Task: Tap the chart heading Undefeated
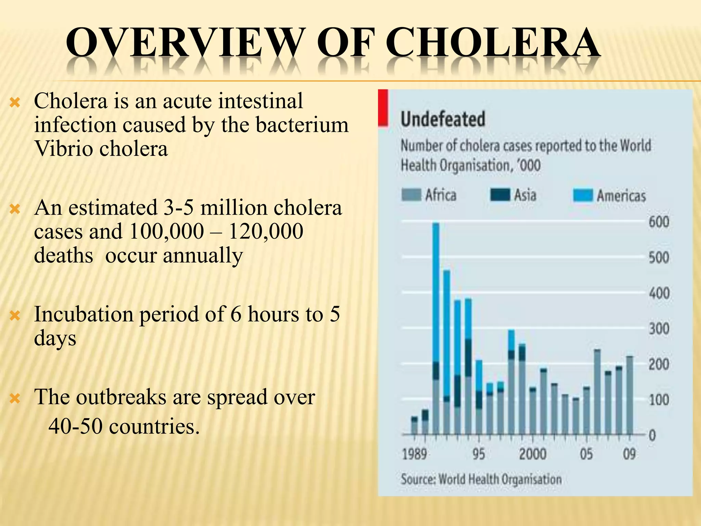click(443, 119)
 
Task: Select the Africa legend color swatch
click(411, 195)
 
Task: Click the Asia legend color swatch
click(500, 195)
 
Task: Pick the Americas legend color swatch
click(583, 196)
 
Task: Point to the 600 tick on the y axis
click(659, 222)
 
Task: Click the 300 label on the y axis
click(659, 329)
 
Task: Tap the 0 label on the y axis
click(652, 435)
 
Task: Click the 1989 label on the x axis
click(415, 454)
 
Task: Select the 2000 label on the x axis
click(533, 454)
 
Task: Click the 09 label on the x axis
click(629, 454)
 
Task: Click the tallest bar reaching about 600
click(436, 308)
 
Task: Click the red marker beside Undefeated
click(383, 108)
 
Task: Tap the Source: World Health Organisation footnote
click(481, 479)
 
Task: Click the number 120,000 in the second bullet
click(266, 231)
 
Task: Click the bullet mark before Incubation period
click(15, 315)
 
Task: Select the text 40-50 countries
click(124, 427)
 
